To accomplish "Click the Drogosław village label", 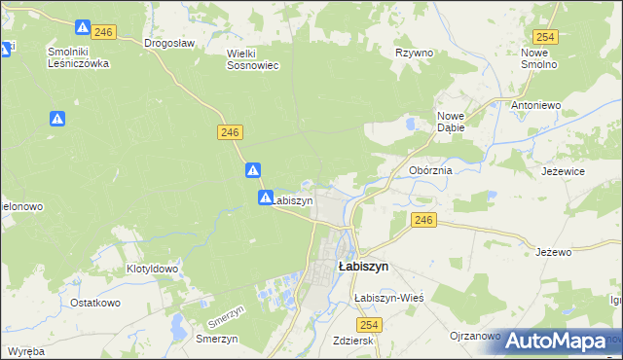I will (x=169, y=43).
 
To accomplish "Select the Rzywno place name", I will (x=414, y=53).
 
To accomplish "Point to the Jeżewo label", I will (x=553, y=252).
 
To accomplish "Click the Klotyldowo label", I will (x=152, y=269).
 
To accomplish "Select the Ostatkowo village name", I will (x=94, y=303).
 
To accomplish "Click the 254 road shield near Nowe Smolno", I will (x=545, y=36).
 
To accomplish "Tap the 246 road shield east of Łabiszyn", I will (x=421, y=220).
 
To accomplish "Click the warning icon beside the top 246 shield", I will (x=84, y=28).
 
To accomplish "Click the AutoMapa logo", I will (x=555, y=341).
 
